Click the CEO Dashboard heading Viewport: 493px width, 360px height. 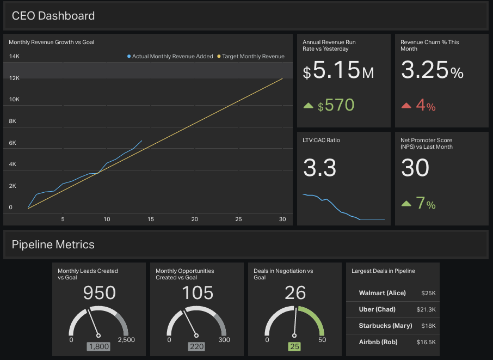pyautogui.click(x=53, y=16)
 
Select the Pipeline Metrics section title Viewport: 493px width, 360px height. pyautogui.click(x=53, y=245)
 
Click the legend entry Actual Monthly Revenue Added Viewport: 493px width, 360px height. pyautogui.click(x=170, y=56)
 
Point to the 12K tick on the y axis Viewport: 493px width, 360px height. pyautogui.click(x=14, y=78)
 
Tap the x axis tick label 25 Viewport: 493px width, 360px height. pyautogui.click(x=238, y=219)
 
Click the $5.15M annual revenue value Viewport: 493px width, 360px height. pyautogui.click(x=338, y=71)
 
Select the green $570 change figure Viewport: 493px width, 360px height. pyautogui.click(x=336, y=105)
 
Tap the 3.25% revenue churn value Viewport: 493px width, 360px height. pyautogui.click(x=432, y=70)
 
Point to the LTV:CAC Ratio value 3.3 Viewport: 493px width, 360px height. pyautogui.click(x=319, y=168)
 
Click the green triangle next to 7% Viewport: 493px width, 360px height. pyautogui.click(x=406, y=204)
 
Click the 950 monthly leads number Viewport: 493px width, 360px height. pyautogui.click(x=99, y=293)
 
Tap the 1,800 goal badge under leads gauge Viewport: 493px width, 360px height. pyautogui.click(x=98, y=346)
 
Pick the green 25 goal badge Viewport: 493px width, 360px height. pyautogui.click(x=294, y=346)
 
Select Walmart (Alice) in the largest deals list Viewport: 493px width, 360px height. pyautogui.click(x=382, y=293)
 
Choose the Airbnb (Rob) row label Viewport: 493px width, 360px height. pyautogui.click(x=378, y=342)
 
